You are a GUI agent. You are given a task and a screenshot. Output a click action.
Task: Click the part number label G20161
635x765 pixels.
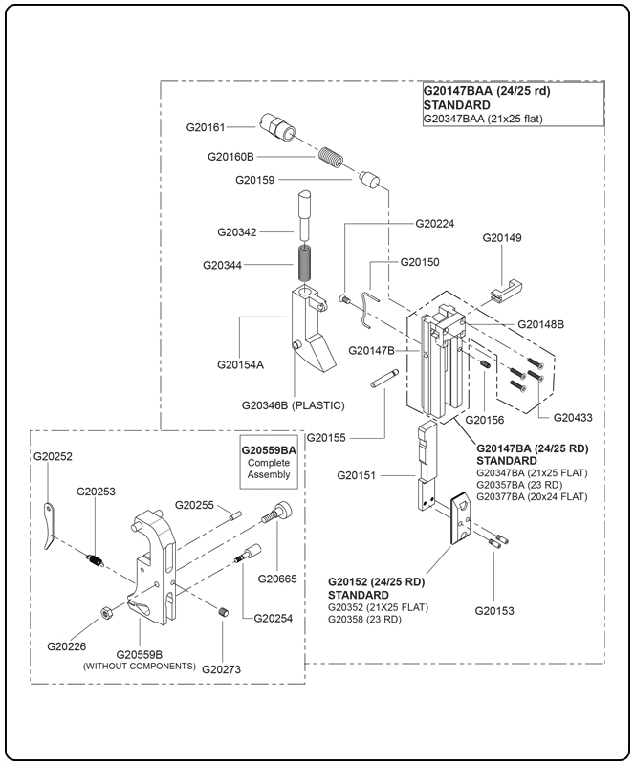point(206,126)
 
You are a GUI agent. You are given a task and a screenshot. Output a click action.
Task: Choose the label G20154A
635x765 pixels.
point(240,364)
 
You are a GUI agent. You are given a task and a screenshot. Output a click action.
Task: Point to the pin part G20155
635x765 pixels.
point(382,379)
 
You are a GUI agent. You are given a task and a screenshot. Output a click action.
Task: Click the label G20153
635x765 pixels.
point(494,609)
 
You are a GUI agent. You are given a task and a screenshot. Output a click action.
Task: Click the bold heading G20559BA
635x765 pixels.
point(269,448)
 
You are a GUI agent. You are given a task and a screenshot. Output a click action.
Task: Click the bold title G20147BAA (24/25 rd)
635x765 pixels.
point(487,92)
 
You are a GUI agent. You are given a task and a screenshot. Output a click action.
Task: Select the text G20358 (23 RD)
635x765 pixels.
point(364,620)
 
